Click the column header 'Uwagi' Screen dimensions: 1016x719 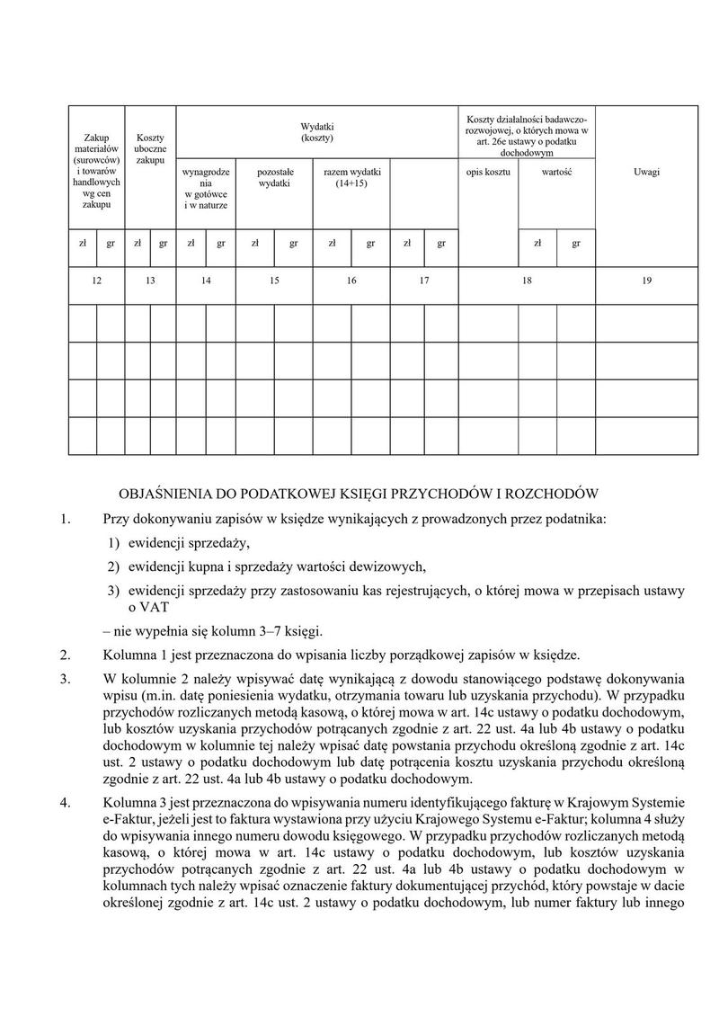[646, 172]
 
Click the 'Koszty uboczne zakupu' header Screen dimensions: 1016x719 [150, 147]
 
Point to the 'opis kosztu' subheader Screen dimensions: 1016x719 [488, 172]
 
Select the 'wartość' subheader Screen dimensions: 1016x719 [556, 172]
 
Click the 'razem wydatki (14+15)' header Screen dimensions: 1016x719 [351, 177]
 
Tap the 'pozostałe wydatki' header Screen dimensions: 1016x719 [274, 177]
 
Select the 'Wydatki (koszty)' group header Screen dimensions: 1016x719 [316, 132]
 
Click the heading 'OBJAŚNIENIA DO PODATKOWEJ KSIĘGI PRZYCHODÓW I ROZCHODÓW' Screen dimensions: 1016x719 [359, 494]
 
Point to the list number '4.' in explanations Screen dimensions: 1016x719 [64, 802]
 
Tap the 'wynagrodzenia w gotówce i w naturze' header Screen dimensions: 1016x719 [206, 188]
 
